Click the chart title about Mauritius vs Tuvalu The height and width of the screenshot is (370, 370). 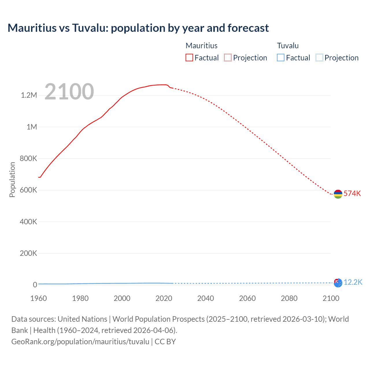pyautogui.click(x=138, y=28)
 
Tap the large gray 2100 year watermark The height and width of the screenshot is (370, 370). pyautogui.click(x=69, y=92)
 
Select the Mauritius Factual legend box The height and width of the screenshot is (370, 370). pyautogui.click(x=189, y=58)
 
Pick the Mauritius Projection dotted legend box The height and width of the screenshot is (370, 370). pyautogui.click(x=228, y=58)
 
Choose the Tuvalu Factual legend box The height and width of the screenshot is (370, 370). pyautogui.click(x=281, y=58)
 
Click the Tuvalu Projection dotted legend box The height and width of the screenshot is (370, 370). pyautogui.click(x=319, y=58)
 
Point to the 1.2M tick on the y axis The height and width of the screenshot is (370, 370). pyautogui.click(x=29, y=95)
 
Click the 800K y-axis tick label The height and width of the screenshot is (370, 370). pyautogui.click(x=28, y=158)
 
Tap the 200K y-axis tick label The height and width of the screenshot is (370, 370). pyautogui.click(x=28, y=253)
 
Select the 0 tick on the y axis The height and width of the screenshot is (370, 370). pyautogui.click(x=35, y=285)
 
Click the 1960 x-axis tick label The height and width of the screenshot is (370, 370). pyautogui.click(x=38, y=298)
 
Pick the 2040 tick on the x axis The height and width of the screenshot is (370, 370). pyautogui.click(x=206, y=298)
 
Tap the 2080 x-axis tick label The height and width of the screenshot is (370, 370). pyautogui.click(x=289, y=298)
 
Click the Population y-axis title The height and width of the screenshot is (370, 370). pyautogui.click(x=12, y=180)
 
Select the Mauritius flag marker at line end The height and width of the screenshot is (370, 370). pyautogui.click(x=338, y=194)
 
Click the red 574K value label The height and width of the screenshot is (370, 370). pyautogui.click(x=352, y=193)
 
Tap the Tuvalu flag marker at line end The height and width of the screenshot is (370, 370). pyautogui.click(x=338, y=283)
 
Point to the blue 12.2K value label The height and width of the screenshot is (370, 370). pyautogui.click(x=353, y=282)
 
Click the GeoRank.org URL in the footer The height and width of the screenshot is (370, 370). pyautogui.click(x=80, y=341)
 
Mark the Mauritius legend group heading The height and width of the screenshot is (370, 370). pyautogui.click(x=201, y=46)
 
